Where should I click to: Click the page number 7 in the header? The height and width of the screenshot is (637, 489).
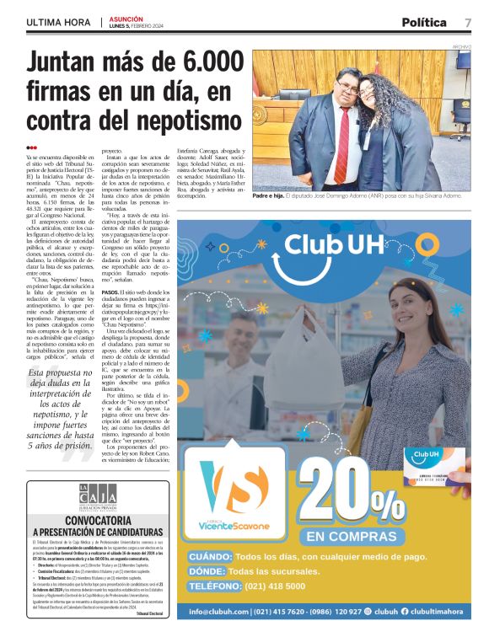click(468, 22)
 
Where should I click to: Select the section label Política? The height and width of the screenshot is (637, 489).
click(424, 22)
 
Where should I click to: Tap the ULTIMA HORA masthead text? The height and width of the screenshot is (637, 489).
click(57, 23)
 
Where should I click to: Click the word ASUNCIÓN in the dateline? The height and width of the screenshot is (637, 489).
click(126, 18)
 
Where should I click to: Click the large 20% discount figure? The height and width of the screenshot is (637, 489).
click(352, 493)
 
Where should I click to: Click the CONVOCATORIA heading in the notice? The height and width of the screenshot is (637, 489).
click(97, 520)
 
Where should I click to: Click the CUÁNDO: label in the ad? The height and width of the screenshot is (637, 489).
click(210, 557)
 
